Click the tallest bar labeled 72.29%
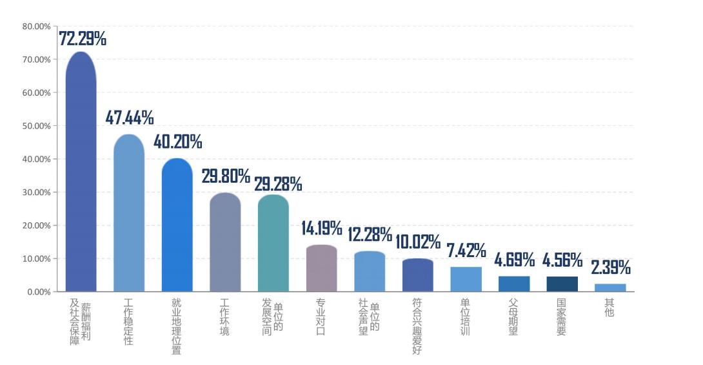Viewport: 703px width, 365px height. click(81, 172)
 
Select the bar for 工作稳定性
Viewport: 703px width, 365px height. click(129, 213)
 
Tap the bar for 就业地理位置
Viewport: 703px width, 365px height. click(177, 225)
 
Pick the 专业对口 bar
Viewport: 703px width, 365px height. click(321, 269)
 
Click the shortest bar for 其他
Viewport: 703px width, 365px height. click(610, 287)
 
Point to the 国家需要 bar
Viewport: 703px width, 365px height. click(562, 284)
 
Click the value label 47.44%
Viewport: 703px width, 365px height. click(130, 118)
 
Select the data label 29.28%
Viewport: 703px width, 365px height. click(278, 184)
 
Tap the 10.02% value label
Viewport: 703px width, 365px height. click(417, 242)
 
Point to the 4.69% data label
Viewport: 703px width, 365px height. click(514, 260)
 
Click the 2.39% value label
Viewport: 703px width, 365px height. click(611, 267)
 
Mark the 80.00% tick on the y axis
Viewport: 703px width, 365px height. click(36, 26)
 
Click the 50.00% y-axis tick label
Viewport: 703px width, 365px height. click(36, 126)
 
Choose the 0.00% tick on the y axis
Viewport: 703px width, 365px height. click(38, 292)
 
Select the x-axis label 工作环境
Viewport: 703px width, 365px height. click(225, 317)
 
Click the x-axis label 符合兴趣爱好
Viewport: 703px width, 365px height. click(417, 326)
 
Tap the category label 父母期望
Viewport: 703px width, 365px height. click(513, 317)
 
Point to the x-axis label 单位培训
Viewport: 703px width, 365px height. click(466, 317)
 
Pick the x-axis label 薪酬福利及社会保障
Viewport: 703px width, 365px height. click(81, 321)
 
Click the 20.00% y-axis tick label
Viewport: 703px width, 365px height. click(36, 225)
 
